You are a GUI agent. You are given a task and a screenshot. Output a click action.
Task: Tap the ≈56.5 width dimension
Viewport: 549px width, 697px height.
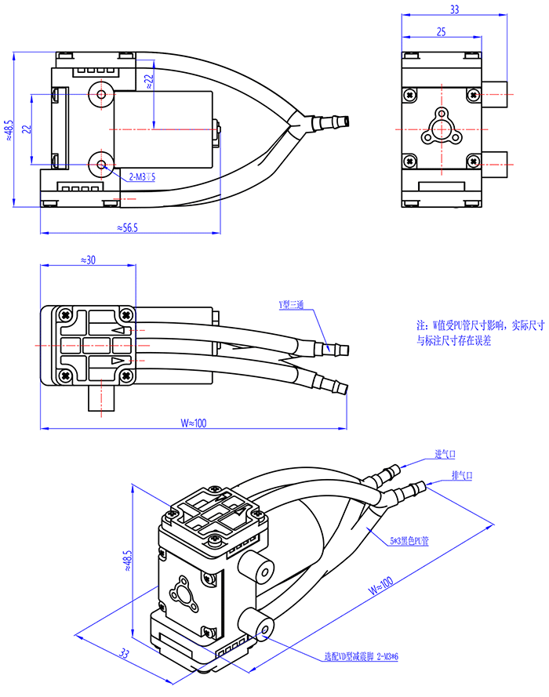[127, 227]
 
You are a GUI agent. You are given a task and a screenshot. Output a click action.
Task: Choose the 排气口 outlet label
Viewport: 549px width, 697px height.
[462, 475]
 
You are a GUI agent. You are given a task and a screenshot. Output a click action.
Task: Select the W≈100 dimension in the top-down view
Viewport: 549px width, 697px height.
[192, 423]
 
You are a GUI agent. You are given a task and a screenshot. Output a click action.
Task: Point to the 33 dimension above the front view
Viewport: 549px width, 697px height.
[454, 10]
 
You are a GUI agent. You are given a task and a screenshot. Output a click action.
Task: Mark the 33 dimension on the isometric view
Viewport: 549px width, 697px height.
[125, 652]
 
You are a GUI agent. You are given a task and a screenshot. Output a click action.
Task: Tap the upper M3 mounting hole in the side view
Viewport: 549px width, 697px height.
[101, 94]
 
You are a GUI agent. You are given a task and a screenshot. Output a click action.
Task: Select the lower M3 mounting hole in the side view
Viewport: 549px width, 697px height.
[101, 164]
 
